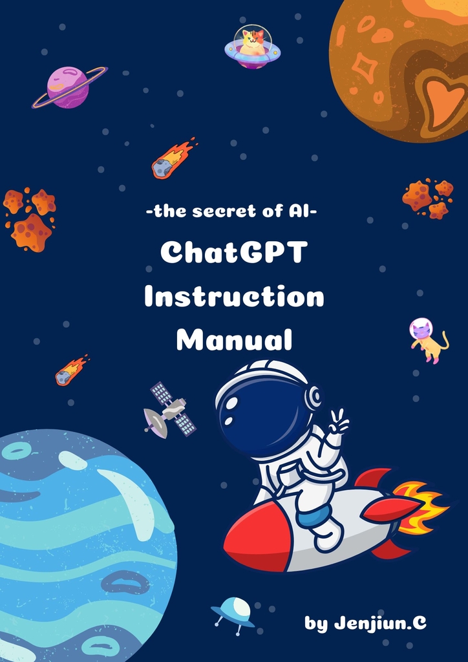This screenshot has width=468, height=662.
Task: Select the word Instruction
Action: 234,297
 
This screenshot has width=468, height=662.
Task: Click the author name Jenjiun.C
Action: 379,623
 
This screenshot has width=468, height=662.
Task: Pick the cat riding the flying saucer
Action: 252,44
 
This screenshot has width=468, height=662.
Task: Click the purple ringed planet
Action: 69,87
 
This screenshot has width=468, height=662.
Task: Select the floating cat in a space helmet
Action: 428,341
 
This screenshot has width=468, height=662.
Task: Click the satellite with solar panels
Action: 169,409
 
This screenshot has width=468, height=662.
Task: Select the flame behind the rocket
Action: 418,507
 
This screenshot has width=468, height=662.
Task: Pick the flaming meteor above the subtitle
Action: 173,158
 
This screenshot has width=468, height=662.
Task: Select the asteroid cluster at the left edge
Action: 30,220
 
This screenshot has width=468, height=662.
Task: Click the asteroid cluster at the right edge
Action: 427,198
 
